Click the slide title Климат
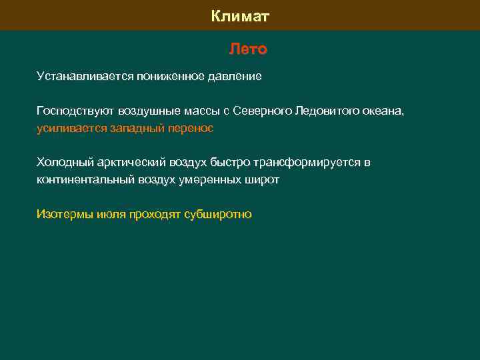(x=240, y=15)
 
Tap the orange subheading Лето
(x=248, y=49)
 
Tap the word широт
(x=263, y=180)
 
